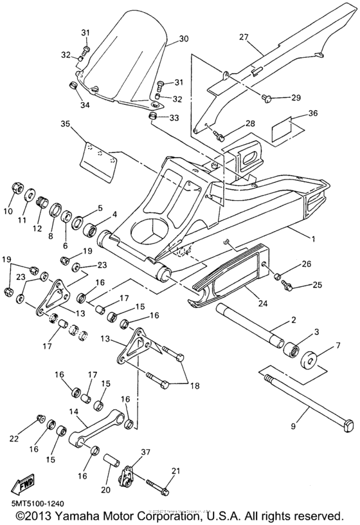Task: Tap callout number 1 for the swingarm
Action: coord(313,239)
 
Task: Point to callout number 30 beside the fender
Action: coord(184,39)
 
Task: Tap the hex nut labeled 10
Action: coord(16,190)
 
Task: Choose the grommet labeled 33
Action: coord(154,116)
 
